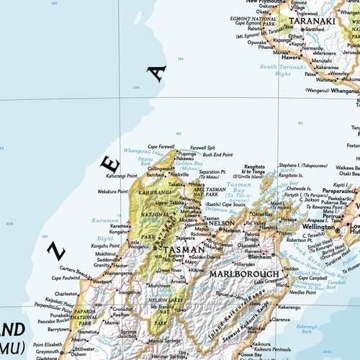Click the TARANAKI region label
click(312, 21)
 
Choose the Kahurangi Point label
click(122, 176)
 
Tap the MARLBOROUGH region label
click(244, 274)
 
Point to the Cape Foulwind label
click(66, 277)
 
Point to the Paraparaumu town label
click(339, 192)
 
